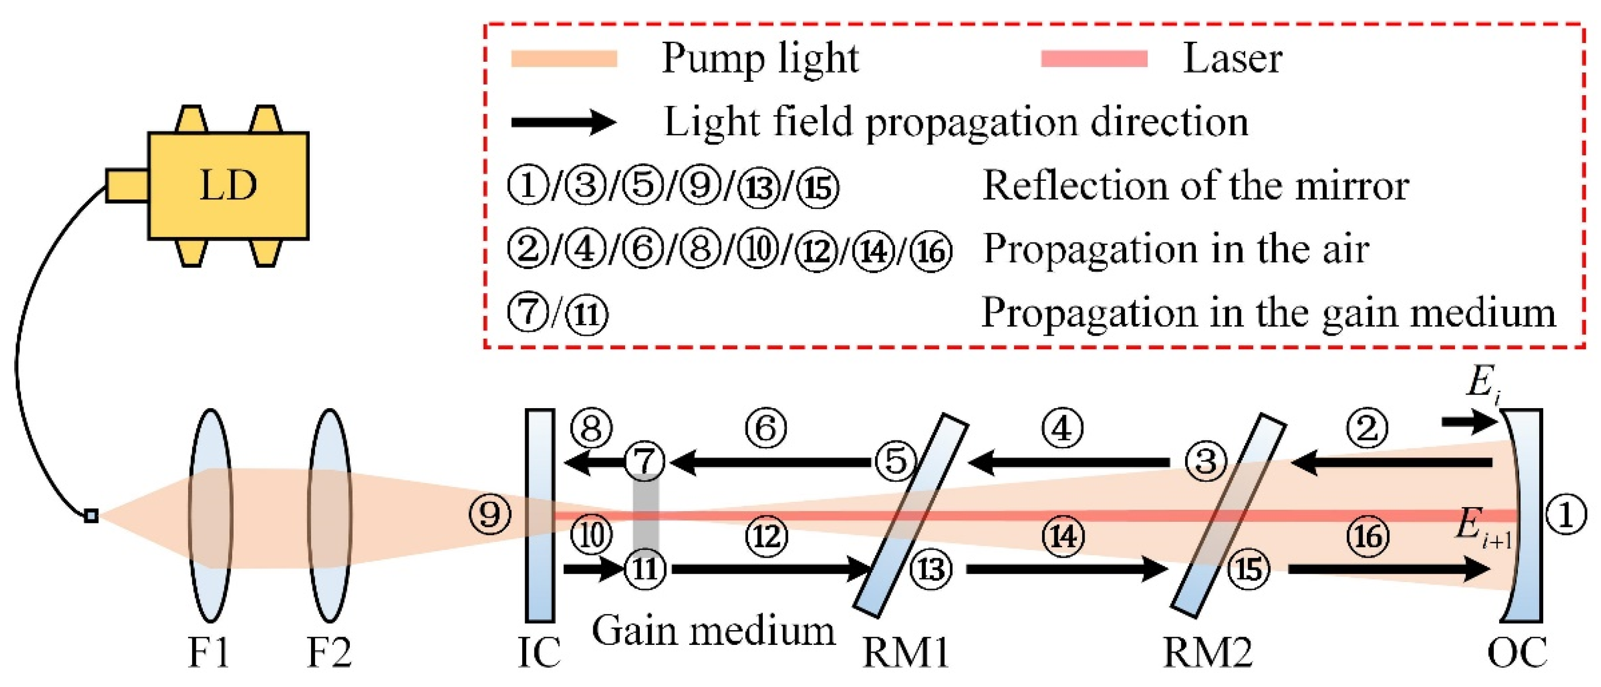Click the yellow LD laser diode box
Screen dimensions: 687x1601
(x=228, y=185)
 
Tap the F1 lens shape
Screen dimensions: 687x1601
(x=210, y=515)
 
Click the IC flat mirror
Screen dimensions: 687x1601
(x=539, y=515)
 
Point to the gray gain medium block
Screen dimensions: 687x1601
(x=645, y=515)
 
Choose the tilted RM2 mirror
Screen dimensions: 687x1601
(x=1228, y=515)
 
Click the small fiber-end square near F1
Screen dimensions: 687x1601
(x=91, y=515)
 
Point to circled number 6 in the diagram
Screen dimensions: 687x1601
(x=766, y=428)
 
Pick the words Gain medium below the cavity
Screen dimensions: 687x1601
(x=713, y=631)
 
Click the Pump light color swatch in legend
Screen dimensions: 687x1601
(x=564, y=58)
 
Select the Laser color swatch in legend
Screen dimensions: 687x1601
(x=1094, y=58)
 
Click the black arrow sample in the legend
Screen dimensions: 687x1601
(x=562, y=122)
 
